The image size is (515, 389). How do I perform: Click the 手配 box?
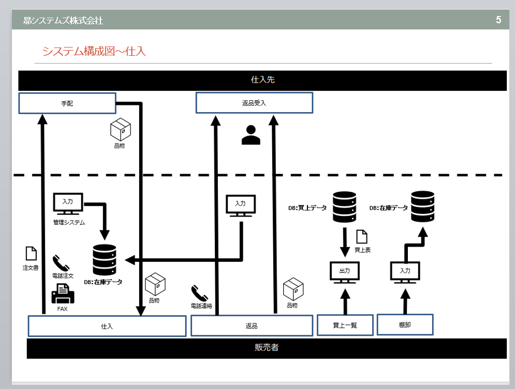click(x=67, y=103)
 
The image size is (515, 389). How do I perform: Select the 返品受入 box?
click(x=254, y=103)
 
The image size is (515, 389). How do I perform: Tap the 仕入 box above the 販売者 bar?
click(x=107, y=326)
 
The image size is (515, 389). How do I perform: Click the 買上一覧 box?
click(x=345, y=325)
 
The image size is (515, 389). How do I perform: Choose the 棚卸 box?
click(x=405, y=324)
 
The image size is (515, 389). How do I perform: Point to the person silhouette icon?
click(x=251, y=135)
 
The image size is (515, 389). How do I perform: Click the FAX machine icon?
click(x=63, y=294)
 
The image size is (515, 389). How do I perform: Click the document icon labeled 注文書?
click(x=31, y=254)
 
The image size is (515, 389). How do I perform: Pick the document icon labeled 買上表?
click(x=361, y=237)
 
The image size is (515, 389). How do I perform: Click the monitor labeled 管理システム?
click(x=68, y=204)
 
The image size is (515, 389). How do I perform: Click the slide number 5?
click(x=498, y=20)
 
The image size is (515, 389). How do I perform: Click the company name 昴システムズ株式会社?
click(x=63, y=21)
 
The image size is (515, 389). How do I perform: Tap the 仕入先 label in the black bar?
click(x=262, y=80)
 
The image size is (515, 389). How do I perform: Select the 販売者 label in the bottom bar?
click(x=267, y=348)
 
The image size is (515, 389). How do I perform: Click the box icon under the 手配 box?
click(x=121, y=130)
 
